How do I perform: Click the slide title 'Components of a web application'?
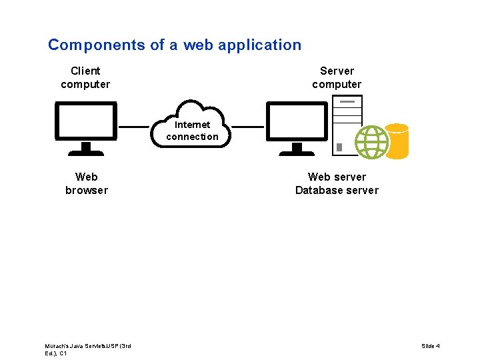coord(175,45)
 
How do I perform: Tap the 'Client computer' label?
coord(85,77)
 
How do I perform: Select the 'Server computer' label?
coord(337,77)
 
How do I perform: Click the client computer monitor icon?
coord(86,121)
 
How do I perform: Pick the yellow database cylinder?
coord(397,141)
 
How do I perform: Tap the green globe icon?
coord(371,142)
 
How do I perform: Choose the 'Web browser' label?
coord(86,183)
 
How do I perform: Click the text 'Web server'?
coord(337,177)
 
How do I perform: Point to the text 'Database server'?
coord(337,191)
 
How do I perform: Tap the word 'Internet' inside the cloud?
coord(192,125)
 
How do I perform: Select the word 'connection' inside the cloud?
coord(192,137)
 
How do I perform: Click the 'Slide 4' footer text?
coord(430,346)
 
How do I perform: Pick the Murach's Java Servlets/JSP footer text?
coord(87,349)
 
